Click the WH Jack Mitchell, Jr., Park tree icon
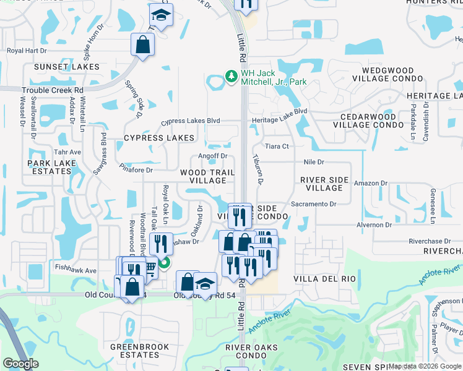(231, 76)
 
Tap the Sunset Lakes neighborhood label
(67, 66)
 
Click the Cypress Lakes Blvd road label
(191, 122)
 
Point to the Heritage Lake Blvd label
(279, 111)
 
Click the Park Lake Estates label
(50, 167)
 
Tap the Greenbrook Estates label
(135, 351)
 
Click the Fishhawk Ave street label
(76, 270)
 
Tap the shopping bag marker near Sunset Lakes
(142, 45)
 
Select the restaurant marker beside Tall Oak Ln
(161, 244)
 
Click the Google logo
(21, 364)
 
